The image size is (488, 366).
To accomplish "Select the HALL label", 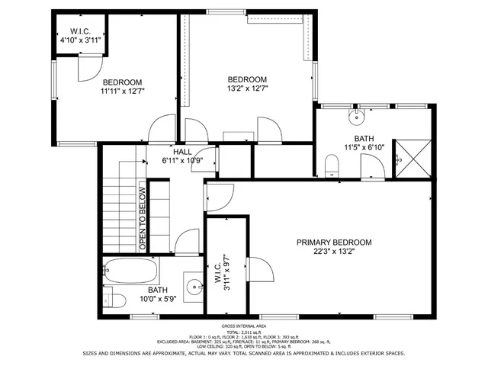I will click(181, 152).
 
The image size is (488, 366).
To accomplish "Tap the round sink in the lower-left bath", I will click(196, 288).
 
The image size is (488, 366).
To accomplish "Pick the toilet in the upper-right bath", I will click(332, 166).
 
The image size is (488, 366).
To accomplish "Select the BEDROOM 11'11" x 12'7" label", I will click(123, 86).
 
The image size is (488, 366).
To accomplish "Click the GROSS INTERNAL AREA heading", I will click(243, 326).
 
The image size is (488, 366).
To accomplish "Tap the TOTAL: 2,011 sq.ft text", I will click(243, 332).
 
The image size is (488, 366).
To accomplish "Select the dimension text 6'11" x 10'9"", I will click(181, 160).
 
